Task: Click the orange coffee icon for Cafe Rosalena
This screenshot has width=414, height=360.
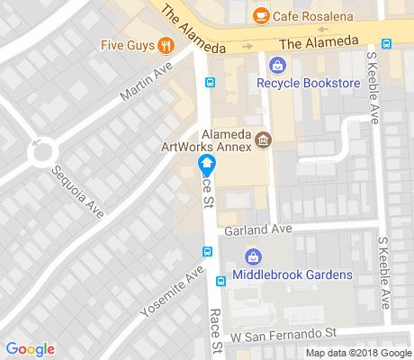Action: point(261,15)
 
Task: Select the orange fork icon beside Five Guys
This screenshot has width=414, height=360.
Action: point(165,45)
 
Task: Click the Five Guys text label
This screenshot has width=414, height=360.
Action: point(126,45)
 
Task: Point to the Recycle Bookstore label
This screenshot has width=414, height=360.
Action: point(309,84)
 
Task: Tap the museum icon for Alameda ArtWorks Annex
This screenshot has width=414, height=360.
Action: point(263,139)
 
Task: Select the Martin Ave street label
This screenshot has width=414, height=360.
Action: point(145,86)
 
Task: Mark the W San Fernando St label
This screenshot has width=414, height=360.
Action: point(283,335)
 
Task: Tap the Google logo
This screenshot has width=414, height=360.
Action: point(30,349)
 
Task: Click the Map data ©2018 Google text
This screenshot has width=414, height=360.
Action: point(356,353)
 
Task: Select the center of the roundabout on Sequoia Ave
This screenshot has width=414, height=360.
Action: point(41,151)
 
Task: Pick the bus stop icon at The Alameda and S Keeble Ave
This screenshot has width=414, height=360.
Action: point(386,43)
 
